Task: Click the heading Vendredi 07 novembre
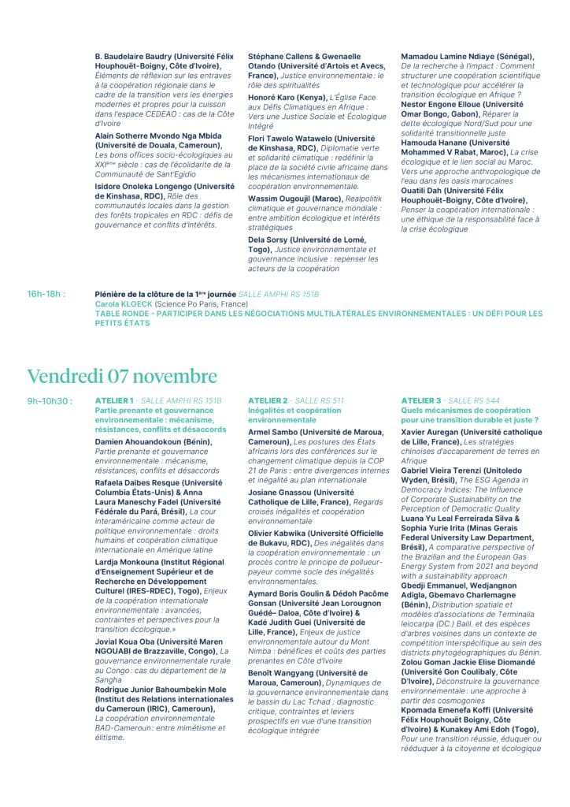pos(122,375)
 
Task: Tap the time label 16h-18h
pos(46,294)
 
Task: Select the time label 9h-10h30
pos(50,401)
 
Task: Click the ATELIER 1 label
pos(114,401)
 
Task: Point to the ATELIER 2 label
pos(268,401)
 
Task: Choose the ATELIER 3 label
pos(421,401)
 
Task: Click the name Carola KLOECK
pos(124,303)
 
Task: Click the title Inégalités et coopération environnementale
pos(294,415)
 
